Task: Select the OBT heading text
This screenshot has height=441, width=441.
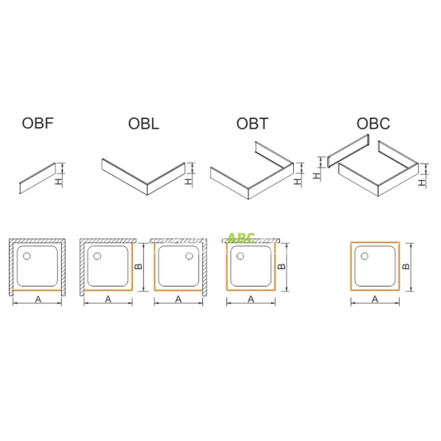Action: [x=251, y=124]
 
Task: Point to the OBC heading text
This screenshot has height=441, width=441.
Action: [x=373, y=124]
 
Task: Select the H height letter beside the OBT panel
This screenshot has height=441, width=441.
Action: [x=297, y=177]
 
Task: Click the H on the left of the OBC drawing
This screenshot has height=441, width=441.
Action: [x=318, y=175]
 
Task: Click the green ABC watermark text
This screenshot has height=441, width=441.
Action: [x=241, y=238]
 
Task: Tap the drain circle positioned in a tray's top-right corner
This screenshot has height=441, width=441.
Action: [x=190, y=256]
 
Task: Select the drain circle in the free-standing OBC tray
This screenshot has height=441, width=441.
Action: [x=362, y=256]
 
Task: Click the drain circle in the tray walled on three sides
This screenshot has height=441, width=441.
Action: [x=27, y=256]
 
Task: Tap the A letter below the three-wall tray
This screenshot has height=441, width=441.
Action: [x=37, y=299]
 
